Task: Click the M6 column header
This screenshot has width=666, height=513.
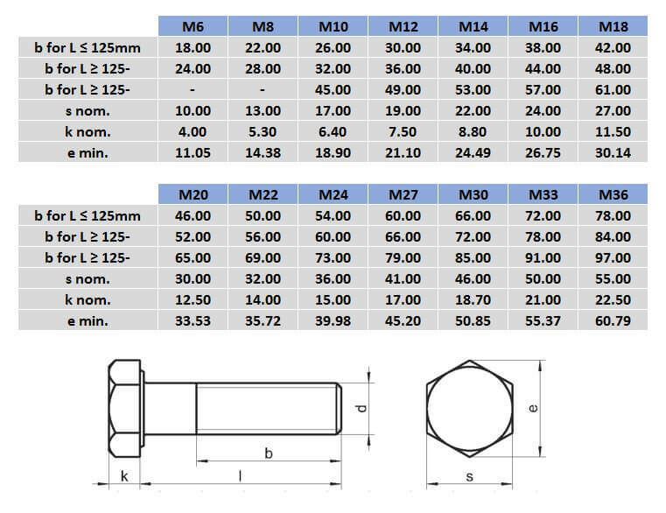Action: coord(193,26)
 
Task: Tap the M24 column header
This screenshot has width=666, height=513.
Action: coord(333,194)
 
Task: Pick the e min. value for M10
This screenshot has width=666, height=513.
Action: coord(333,152)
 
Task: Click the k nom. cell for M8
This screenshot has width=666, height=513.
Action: coord(263,131)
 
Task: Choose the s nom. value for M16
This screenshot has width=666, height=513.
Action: coord(543,110)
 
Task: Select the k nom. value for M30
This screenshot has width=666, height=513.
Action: coord(473,299)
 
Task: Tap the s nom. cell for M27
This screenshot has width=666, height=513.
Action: coord(403,278)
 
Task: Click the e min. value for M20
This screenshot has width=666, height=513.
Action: coord(193,320)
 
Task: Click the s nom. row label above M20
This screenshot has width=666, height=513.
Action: coord(87,278)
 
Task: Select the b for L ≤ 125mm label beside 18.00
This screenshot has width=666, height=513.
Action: coord(87,47)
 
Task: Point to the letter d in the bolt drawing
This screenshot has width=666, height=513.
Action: coord(360,408)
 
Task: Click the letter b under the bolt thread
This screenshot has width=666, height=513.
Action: coord(268,453)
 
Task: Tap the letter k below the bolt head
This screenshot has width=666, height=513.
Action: coord(124,475)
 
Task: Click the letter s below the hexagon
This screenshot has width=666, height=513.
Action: coord(469,476)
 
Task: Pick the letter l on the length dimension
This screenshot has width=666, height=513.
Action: coord(239,475)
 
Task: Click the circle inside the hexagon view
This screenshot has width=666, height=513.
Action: coord(469,407)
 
